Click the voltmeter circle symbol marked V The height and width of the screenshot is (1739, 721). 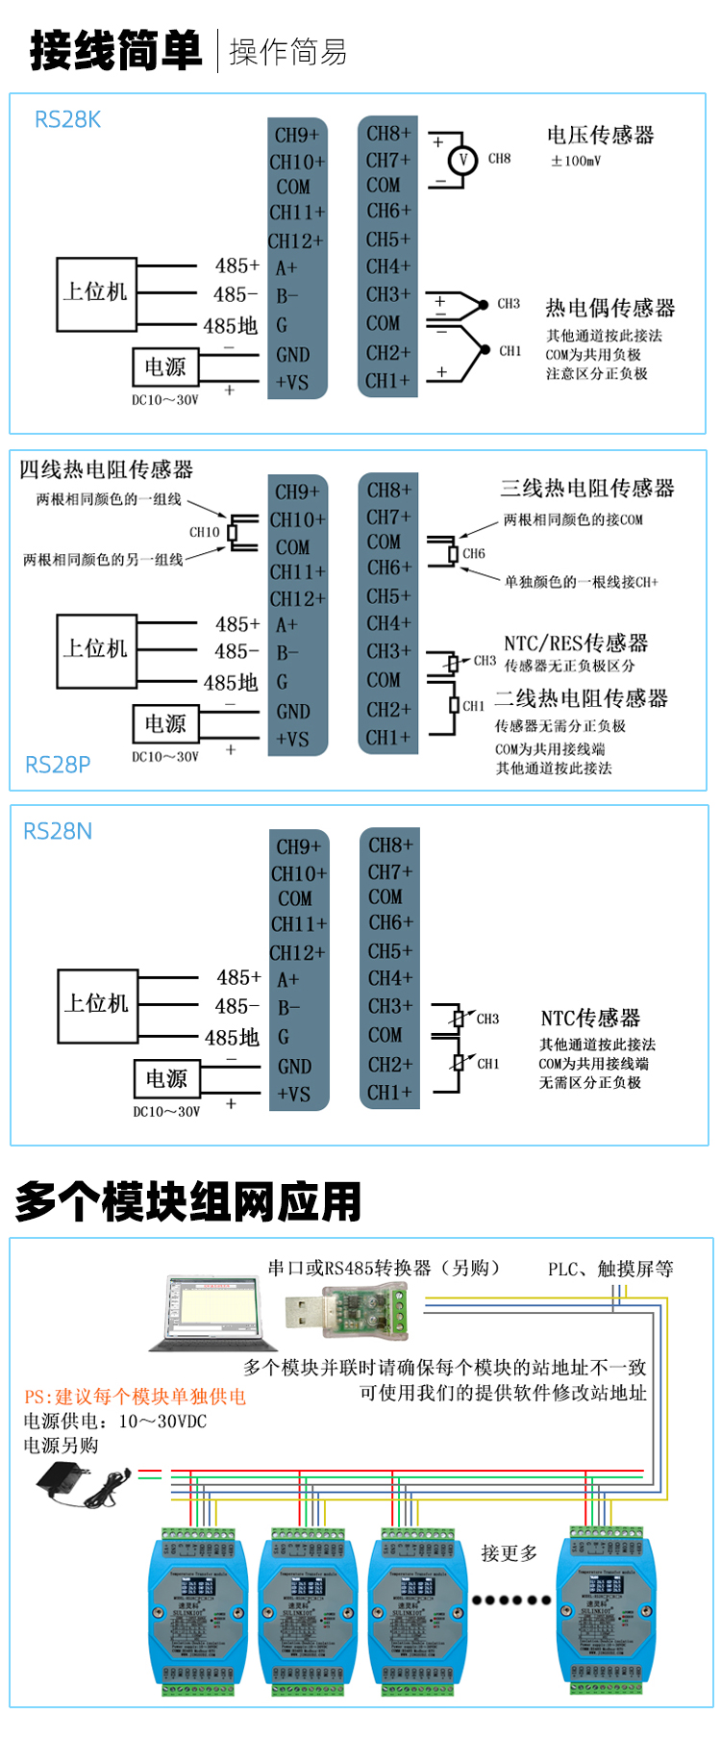point(462,160)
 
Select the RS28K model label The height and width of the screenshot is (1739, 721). point(67,120)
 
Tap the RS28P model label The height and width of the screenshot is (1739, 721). point(58,765)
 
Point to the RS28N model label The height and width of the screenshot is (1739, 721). point(58,831)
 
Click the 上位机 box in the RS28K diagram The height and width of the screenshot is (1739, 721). point(95,293)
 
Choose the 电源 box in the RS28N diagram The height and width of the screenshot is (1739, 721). point(166,1079)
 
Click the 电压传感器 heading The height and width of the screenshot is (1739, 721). point(601,136)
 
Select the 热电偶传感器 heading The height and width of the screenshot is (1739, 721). point(610,309)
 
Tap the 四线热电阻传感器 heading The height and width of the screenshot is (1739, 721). point(107,469)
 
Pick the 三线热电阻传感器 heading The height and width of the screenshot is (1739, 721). point(587,489)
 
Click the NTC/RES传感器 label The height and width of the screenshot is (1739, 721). point(576,643)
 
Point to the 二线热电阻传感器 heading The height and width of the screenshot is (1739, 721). point(582,699)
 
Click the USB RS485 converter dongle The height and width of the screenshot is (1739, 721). point(346,1310)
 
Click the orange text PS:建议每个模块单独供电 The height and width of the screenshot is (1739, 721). point(136,1397)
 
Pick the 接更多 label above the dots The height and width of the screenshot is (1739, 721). point(510,1553)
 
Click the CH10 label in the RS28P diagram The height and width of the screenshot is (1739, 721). point(204,532)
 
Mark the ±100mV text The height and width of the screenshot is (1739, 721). point(575,161)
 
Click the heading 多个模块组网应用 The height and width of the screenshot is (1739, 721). point(188,1202)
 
